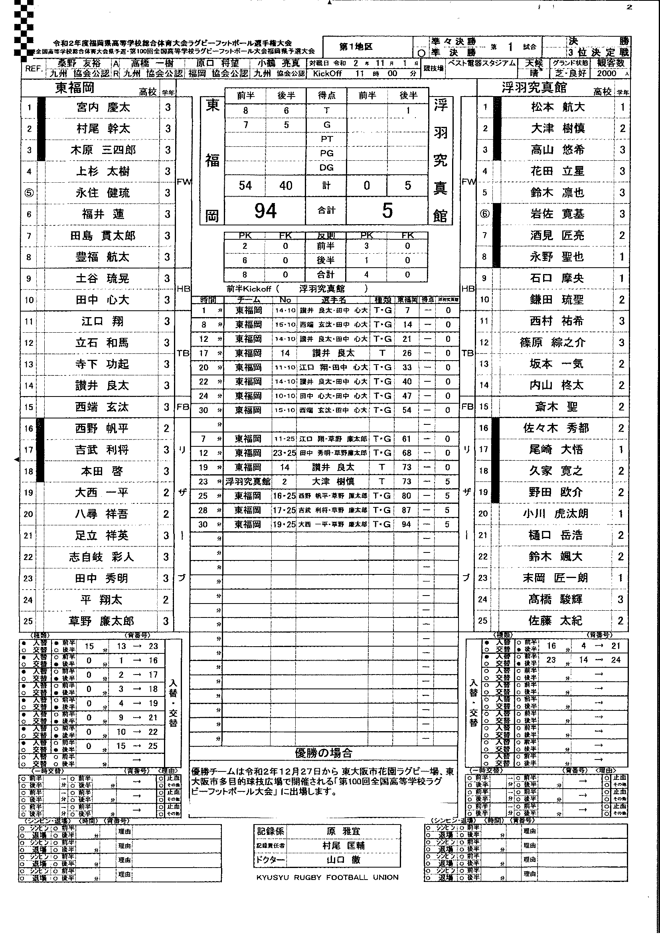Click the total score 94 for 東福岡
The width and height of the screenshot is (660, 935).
pos(265,211)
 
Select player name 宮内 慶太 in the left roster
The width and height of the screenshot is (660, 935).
pos(103,108)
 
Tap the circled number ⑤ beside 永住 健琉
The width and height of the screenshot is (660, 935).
pos(29,193)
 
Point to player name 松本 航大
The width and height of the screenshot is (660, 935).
pos(558,107)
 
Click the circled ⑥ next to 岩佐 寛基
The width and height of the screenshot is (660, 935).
pos(484,214)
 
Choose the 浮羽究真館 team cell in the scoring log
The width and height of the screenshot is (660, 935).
pos(248,482)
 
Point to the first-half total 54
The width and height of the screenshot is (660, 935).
pos(245,186)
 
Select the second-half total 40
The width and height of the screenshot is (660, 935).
pos(286,186)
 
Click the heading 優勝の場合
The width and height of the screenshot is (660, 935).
pos(324,753)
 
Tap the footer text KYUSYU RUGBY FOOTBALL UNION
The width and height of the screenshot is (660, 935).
pos(327,877)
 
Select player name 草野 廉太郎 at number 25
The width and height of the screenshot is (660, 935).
pos(101,621)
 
